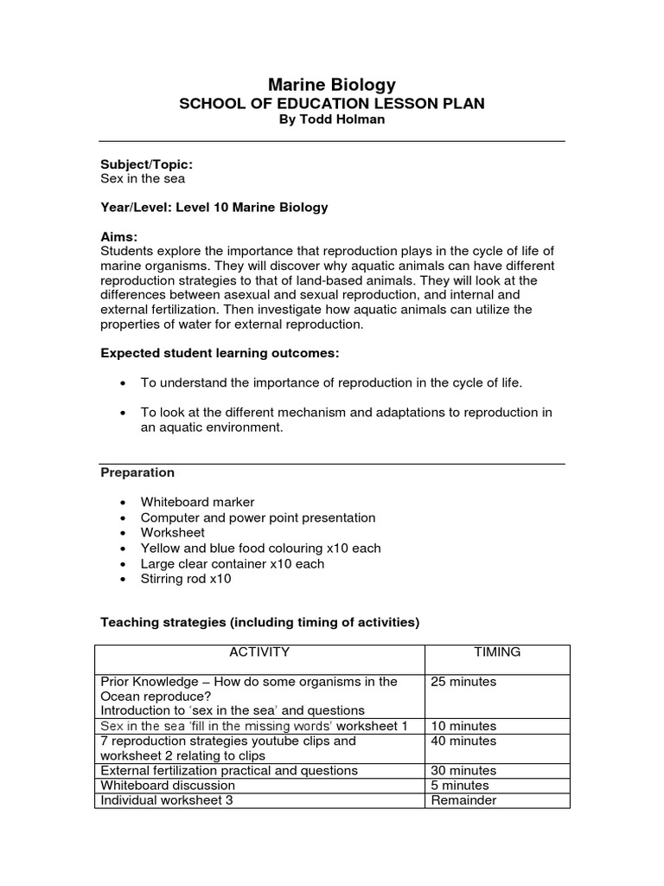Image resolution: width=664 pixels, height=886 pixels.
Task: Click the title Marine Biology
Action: coord(332,84)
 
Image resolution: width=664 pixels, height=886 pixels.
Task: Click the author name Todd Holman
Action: coord(332,119)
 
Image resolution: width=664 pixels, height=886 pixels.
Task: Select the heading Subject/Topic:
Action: coord(147,164)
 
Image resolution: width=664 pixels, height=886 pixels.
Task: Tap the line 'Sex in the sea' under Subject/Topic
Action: coord(143,178)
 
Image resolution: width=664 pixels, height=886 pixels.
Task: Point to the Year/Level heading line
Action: coord(214,208)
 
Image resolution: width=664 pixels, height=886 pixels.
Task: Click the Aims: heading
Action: coord(119,236)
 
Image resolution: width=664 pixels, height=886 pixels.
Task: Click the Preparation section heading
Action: coord(137,472)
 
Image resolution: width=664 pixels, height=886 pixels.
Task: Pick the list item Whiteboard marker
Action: coord(197,502)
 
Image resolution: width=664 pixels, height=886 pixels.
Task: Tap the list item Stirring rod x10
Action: coord(186,579)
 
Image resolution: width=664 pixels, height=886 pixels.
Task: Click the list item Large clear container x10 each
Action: coord(233,563)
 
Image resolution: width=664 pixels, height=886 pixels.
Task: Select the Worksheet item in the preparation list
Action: coord(173,533)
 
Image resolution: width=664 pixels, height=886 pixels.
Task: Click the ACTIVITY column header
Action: coord(259,652)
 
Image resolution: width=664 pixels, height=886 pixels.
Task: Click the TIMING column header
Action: coord(497,652)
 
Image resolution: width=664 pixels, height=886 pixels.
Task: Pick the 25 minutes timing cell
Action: coord(463,682)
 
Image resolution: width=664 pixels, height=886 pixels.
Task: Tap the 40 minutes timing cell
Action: coord(463,742)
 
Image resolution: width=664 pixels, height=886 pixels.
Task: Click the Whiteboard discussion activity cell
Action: coord(168,786)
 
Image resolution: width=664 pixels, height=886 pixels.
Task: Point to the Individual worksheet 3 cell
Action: coord(167,800)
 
